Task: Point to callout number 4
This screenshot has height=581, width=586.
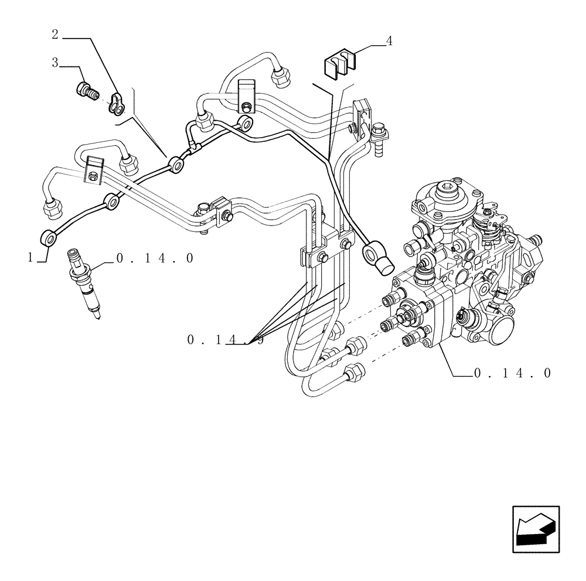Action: pos(389,41)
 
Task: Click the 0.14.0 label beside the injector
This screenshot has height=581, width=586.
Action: pos(155,258)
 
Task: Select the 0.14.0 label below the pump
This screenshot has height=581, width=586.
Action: pos(512,372)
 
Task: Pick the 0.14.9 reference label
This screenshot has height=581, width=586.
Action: pos(226,340)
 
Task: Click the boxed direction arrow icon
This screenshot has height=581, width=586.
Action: pos(536,529)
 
